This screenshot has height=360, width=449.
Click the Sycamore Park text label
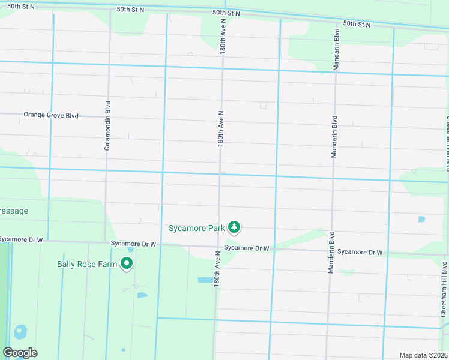pyautogui.click(x=196, y=228)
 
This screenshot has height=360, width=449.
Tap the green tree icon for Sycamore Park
pyautogui.click(x=234, y=227)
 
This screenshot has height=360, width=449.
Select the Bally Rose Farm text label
pyautogui.click(x=86, y=263)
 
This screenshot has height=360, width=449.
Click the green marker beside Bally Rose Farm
pyautogui.click(x=127, y=263)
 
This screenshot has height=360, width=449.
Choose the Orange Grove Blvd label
pyautogui.click(x=51, y=115)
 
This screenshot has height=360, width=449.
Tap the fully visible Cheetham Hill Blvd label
pyautogui.click(x=444, y=289)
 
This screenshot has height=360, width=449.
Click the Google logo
pyautogui.click(x=20, y=353)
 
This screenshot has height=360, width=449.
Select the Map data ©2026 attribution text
pyautogui.click(x=423, y=355)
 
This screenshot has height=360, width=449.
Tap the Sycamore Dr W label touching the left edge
pyautogui.click(x=22, y=239)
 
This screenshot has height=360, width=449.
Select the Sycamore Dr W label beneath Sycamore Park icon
pyautogui.click(x=246, y=248)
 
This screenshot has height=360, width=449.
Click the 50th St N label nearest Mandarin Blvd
pyautogui.click(x=357, y=25)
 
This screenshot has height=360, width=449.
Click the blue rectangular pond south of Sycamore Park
pyautogui.click(x=205, y=280)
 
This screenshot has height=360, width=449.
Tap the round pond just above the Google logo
pyautogui.click(x=20, y=331)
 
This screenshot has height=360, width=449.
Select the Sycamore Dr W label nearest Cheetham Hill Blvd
pyautogui.click(x=360, y=253)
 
